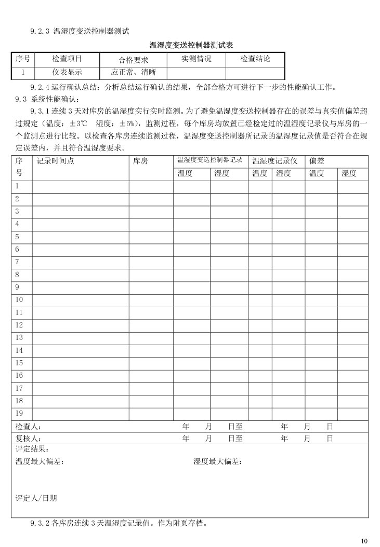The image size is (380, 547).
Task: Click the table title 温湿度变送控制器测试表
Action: pyautogui.click(x=191, y=46)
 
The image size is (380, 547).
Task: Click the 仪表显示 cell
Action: pyautogui.click(x=67, y=73)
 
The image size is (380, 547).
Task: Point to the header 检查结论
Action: pyautogui.click(x=255, y=59)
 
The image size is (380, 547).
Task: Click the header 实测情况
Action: pyautogui.click(x=196, y=59)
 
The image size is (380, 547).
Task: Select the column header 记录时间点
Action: pyautogui.click(x=55, y=161)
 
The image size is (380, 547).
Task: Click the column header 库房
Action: pyautogui.click(x=140, y=161)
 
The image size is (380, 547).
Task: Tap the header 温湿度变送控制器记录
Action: pyautogui.click(x=210, y=160)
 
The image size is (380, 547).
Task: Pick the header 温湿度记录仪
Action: pyautogui.click(x=275, y=161)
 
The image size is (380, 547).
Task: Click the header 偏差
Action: pyautogui.click(x=317, y=161)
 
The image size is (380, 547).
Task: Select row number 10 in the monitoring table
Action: pyautogui.click(x=19, y=299)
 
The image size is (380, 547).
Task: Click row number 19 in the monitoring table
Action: pyautogui.click(x=19, y=413)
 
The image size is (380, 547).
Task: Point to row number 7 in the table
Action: pyautogui.click(x=17, y=262)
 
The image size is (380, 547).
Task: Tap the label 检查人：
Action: pyautogui.click(x=28, y=427)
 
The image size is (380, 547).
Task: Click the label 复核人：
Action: pyautogui.click(x=28, y=439)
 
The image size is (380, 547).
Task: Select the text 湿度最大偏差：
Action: pyautogui.click(x=218, y=461)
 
